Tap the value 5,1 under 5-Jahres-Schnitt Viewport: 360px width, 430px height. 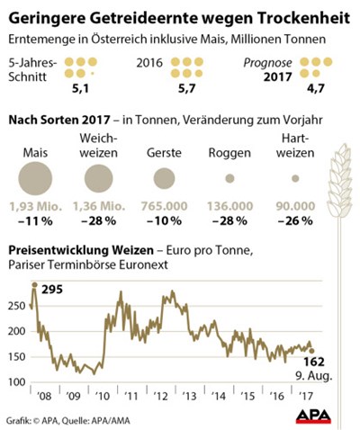(x=80, y=88)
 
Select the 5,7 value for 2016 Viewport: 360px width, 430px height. (x=187, y=88)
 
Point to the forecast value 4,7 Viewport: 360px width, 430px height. (x=316, y=88)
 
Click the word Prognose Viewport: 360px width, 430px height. (x=267, y=63)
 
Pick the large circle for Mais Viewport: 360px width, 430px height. (x=35, y=179)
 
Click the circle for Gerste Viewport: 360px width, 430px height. (x=164, y=179)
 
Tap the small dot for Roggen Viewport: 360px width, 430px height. (x=229, y=179)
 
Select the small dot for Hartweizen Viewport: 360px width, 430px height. (x=295, y=179)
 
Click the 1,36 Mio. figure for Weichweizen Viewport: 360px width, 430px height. (x=99, y=206)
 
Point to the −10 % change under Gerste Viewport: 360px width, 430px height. (x=164, y=221)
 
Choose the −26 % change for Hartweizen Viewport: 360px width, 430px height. (x=295, y=221)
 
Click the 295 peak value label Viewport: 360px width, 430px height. (x=52, y=290)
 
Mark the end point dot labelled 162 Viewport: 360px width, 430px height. (x=311, y=351)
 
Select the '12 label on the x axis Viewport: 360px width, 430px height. (x=160, y=396)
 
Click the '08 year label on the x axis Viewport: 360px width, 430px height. (x=44, y=396)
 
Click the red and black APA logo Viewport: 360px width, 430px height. (x=313, y=417)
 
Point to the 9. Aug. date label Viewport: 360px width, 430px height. (x=314, y=376)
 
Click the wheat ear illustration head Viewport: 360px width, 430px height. (x=340, y=181)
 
